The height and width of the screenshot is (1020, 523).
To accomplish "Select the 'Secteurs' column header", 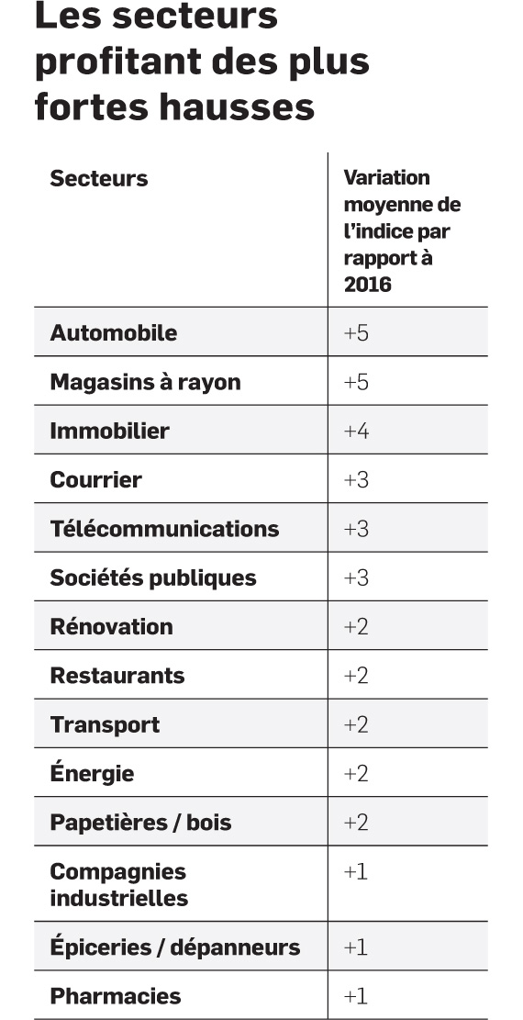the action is pyautogui.click(x=99, y=178).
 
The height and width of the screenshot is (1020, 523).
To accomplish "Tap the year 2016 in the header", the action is pyautogui.click(x=368, y=285).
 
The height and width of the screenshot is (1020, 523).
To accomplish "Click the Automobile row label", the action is pyautogui.click(x=113, y=332).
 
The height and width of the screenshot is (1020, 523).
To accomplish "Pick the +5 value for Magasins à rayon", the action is pyautogui.click(x=356, y=382).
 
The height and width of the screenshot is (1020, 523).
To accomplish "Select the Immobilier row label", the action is pyautogui.click(x=109, y=431).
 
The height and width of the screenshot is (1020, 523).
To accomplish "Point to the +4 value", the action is pyautogui.click(x=356, y=431).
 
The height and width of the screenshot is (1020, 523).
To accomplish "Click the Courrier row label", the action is pyautogui.click(x=95, y=479).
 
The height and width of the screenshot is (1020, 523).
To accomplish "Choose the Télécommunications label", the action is pyautogui.click(x=164, y=528).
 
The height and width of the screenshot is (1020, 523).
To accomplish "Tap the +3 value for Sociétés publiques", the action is pyautogui.click(x=356, y=577).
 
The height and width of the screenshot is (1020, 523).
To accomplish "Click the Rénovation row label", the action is pyautogui.click(x=111, y=626).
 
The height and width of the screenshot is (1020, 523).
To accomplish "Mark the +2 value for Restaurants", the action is pyautogui.click(x=356, y=676).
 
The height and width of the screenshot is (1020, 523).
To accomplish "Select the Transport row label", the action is pyautogui.click(x=105, y=724).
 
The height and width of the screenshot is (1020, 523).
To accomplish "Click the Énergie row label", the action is pyautogui.click(x=92, y=773).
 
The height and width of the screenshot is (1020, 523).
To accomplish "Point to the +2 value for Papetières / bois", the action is pyautogui.click(x=356, y=823).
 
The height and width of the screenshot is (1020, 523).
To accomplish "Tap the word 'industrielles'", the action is pyautogui.click(x=119, y=899).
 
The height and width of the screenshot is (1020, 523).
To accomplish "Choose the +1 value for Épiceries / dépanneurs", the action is pyautogui.click(x=355, y=947).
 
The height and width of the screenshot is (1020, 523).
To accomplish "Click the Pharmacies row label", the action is pyautogui.click(x=115, y=996).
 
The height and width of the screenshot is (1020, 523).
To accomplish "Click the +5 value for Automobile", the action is pyautogui.click(x=356, y=333).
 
